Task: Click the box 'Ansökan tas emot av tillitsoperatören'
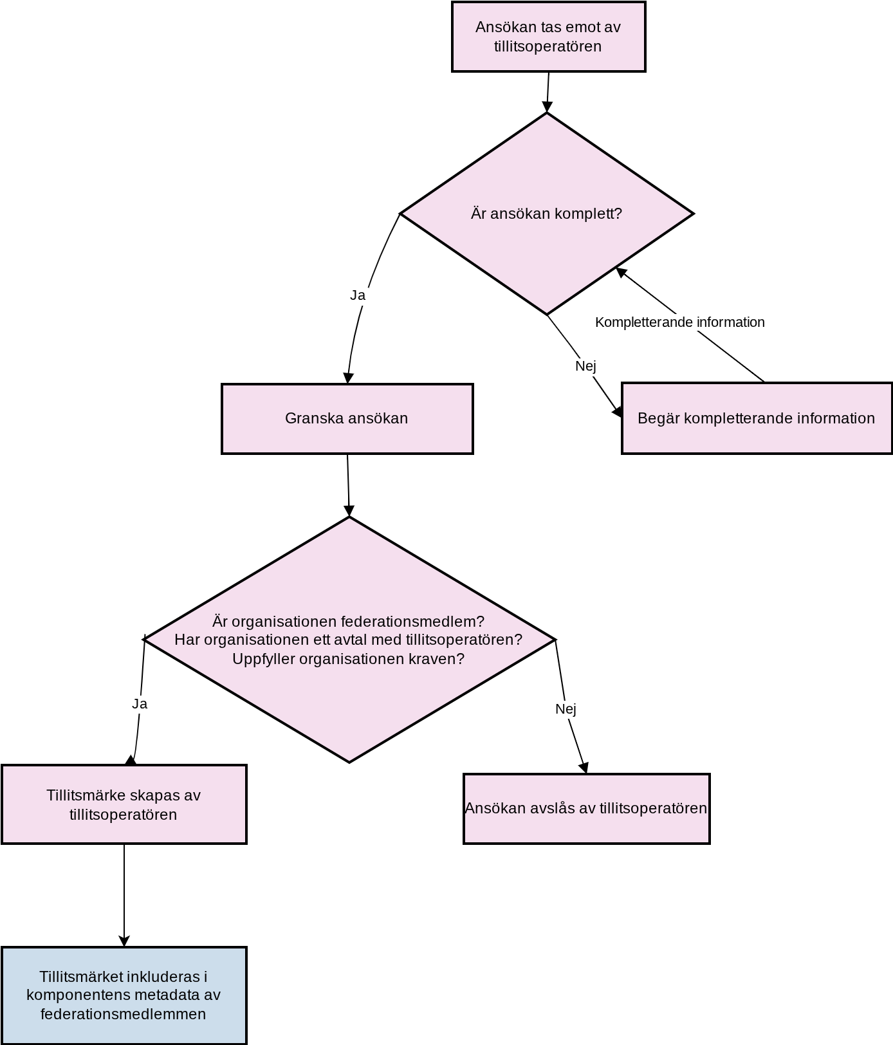549,37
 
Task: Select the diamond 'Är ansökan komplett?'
547,214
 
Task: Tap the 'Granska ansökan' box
347,419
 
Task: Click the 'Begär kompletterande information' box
757,418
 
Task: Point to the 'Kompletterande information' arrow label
680,322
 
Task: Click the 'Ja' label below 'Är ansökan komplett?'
358,295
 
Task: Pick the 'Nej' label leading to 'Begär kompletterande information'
585,366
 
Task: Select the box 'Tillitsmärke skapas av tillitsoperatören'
124,804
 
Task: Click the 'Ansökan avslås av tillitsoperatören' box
587,809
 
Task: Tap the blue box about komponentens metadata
124,995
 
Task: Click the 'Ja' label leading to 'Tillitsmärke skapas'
140,704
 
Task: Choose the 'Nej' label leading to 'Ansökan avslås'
566,709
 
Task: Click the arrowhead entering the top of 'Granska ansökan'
348,378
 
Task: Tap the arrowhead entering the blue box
124,941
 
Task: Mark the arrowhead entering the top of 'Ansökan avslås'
584,768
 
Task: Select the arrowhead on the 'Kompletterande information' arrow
621,272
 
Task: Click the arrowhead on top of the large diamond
349,511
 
